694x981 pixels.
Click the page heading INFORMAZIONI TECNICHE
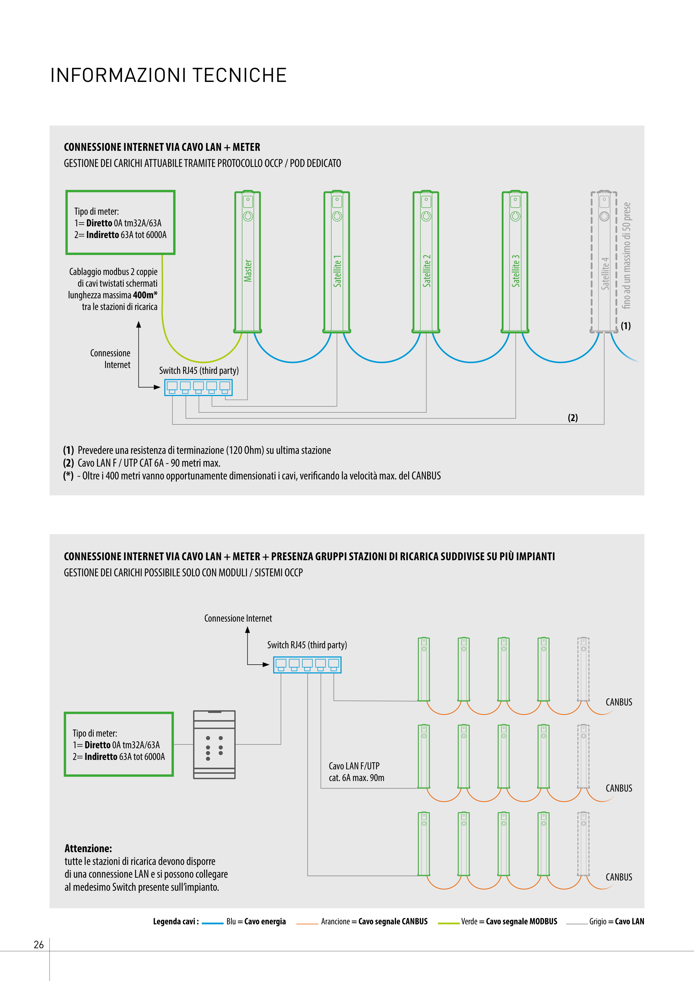coord(168,75)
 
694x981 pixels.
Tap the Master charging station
coord(248,261)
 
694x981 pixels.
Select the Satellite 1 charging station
coord(337,261)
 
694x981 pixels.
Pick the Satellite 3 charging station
coord(515,261)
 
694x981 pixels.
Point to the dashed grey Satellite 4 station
coord(604,261)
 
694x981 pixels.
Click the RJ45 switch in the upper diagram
coord(198,387)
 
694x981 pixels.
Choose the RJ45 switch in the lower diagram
coord(307,665)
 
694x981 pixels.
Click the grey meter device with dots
coord(214,744)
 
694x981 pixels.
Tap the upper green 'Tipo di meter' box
coord(121,222)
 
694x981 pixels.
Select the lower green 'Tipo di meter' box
coord(119,744)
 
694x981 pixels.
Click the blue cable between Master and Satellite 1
coord(292,361)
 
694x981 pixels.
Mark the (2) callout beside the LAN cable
coord(573,417)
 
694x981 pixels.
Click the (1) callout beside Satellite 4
coord(626,326)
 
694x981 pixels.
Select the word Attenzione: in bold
coord(88,849)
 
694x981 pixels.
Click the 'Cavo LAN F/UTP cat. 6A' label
coord(356,772)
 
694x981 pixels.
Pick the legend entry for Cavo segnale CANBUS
coord(374,922)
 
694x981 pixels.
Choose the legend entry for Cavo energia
coord(256,922)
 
